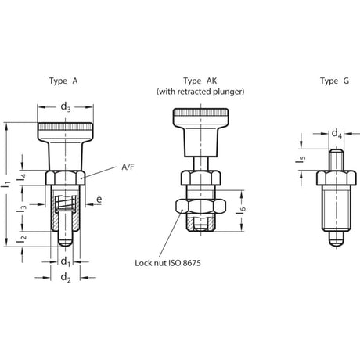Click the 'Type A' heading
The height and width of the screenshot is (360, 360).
63,81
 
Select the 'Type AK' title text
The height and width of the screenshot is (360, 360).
200,81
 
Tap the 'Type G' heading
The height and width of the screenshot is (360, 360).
334,81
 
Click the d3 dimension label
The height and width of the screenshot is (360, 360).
66,107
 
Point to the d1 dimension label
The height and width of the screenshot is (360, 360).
66,261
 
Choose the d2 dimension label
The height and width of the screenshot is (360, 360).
66,277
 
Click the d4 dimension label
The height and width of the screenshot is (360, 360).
337,134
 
